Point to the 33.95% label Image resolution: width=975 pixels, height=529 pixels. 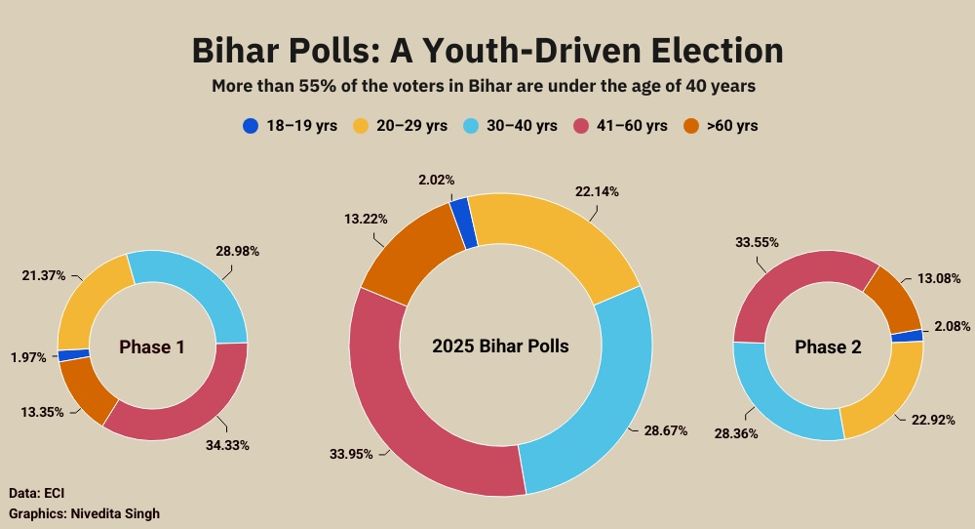tap(351, 453)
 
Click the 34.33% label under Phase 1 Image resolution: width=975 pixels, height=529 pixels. tap(228, 445)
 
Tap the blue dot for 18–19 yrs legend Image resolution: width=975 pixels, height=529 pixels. tap(251, 126)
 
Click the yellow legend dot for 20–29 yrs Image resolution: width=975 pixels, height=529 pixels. tap(360, 126)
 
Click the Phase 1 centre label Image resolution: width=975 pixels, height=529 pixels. tap(152, 346)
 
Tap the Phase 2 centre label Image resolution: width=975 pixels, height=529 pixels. tap(828, 346)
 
